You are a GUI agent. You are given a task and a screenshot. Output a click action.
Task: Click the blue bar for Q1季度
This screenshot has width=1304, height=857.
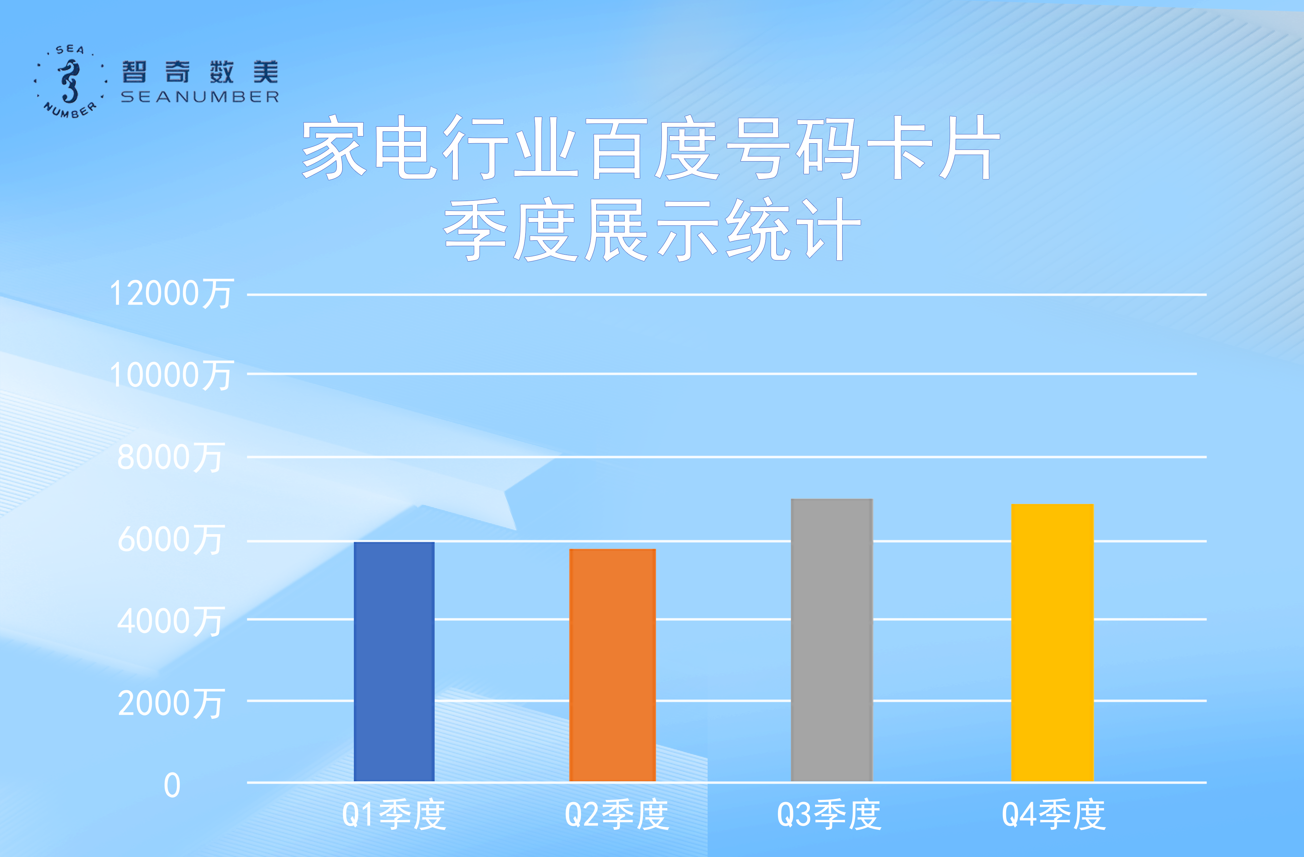[x=394, y=661]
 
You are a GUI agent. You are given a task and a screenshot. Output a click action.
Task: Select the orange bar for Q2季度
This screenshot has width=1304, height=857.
[x=613, y=665]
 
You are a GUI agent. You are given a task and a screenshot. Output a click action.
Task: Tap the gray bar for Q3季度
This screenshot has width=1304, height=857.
[x=832, y=640]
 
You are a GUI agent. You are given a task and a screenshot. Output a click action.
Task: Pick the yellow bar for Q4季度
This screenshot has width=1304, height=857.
[x=1052, y=643]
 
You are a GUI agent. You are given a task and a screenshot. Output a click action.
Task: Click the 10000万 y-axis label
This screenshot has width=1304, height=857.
[x=171, y=375]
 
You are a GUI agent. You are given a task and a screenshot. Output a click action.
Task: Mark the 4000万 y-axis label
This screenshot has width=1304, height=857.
[x=170, y=621]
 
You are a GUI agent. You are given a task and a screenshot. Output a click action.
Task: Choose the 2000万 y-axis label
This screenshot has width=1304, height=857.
[x=170, y=704]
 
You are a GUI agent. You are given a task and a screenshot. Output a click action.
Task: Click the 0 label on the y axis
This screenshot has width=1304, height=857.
[x=172, y=785]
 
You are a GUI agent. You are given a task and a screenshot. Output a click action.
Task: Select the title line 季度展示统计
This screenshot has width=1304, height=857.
[x=652, y=230]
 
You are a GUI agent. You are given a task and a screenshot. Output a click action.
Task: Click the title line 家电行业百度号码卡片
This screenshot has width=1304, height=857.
[x=651, y=147]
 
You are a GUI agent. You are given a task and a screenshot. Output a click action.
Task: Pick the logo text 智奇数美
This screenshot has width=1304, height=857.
[x=200, y=72]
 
